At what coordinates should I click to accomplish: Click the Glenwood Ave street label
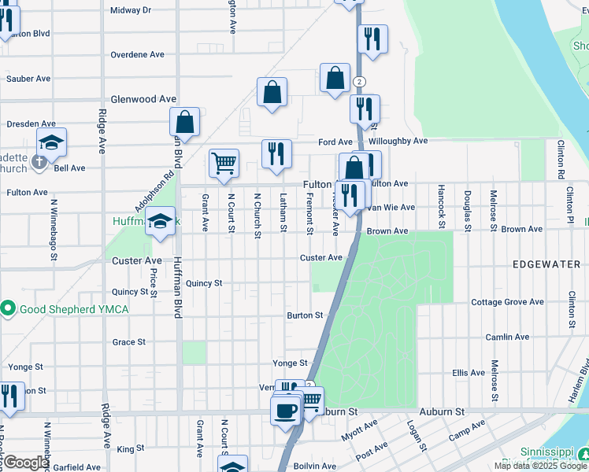click(143, 99)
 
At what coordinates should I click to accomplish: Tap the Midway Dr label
click(131, 10)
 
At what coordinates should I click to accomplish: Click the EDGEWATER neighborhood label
click(546, 264)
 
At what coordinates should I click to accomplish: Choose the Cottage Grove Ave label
click(507, 302)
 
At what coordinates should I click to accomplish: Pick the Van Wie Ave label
click(392, 207)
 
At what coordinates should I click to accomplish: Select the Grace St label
click(129, 342)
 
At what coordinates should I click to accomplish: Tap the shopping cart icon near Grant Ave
click(224, 163)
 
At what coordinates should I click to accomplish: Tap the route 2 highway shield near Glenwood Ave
click(359, 81)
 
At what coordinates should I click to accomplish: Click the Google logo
click(26, 463)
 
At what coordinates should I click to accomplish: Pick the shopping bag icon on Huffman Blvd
click(184, 122)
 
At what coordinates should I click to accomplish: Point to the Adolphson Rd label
click(154, 193)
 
